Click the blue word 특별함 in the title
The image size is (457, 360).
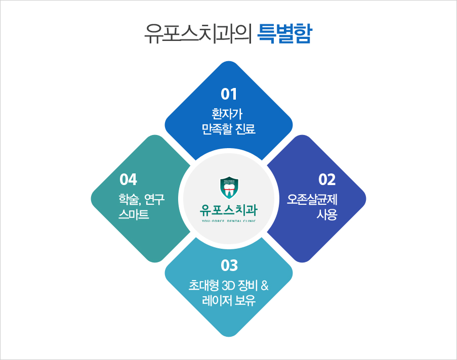pos(284,33)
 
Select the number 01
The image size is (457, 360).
pos(229,94)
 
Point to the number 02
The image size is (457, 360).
pos(327,179)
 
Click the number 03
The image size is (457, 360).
pos(229,265)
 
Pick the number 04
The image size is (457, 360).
pos(128,179)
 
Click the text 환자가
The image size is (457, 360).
pos(227,114)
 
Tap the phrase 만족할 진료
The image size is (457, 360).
pos(229,129)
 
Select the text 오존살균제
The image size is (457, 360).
pos(312,200)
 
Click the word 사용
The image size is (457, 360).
pos(327,214)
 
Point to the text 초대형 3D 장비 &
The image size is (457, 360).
pos(229,286)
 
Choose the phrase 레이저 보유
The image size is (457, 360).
pos(229,300)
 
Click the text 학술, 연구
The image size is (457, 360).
pos(142,200)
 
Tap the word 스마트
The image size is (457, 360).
pos(134,214)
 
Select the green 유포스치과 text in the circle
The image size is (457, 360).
pos(229,210)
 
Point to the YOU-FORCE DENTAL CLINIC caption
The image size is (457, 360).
pos(229,221)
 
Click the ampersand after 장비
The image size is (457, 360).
pos(265,286)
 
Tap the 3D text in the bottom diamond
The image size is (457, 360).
pos(228,286)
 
